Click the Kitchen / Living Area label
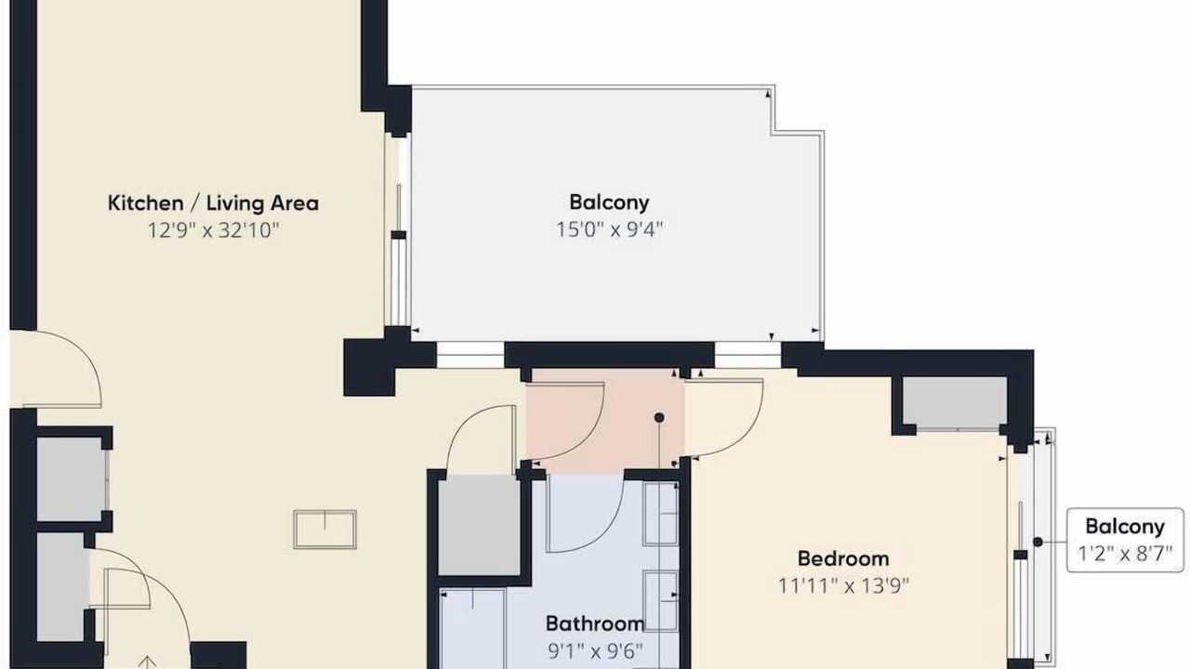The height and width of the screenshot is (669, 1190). click(x=213, y=203)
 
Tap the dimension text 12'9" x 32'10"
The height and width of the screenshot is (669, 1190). click(x=213, y=231)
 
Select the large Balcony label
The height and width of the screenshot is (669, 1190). click(x=609, y=203)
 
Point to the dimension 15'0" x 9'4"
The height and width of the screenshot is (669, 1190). click(x=609, y=230)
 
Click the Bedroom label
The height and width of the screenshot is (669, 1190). click(x=843, y=558)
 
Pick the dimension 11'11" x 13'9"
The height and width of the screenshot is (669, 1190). click(x=843, y=586)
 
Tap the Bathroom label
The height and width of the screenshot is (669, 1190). click(x=595, y=623)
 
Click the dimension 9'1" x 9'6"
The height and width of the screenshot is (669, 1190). click(x=595, y=651)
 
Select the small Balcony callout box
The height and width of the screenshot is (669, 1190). click(x=1125, y=540)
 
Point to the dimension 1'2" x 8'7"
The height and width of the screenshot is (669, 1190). click(x=1125, y=555)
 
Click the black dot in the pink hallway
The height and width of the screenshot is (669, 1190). click(x=659, y=418)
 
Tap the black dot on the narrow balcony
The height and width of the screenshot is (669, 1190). click(x=1038, y=542)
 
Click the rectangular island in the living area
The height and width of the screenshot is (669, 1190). click(x=324, y=530)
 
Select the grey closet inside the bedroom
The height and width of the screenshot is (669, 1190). click(x=955, y=401)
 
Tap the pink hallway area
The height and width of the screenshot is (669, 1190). click(x=605, y=419)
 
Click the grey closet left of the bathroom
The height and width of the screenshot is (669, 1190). click(x=479, y=525)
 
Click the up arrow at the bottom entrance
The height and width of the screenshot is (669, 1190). click(x=147, y=662)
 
